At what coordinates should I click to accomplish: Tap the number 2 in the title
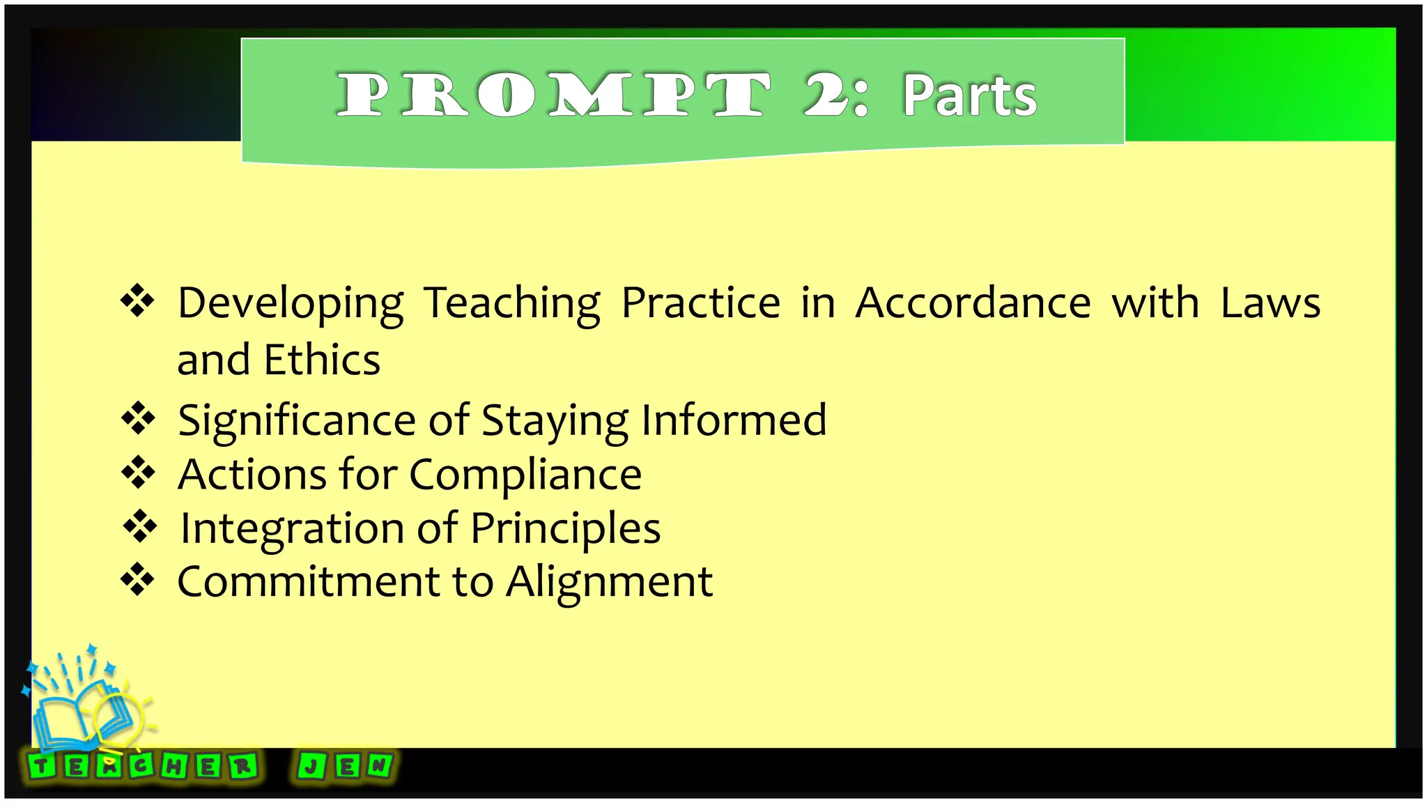(x=826, y=95)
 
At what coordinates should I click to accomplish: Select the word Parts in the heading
(x=970, y=95)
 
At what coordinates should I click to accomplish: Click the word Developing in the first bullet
(x=291, y=304)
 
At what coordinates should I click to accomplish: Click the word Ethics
(x=322, y=360)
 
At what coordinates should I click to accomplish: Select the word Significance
(x=297, y=421)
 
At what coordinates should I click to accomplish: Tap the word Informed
(x=734, y=420)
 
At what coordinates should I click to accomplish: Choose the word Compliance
(x=525, y=475)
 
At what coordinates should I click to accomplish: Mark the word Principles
(x=565, y=529)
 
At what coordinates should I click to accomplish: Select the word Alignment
(x=610, y=583)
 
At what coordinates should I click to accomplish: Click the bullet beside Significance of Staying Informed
(x=138, y=418)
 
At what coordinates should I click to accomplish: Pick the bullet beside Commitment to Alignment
(x=138, y=579)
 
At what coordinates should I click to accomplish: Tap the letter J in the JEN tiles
(x=310, y=767)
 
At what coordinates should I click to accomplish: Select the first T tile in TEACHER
(x=41, y=767)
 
